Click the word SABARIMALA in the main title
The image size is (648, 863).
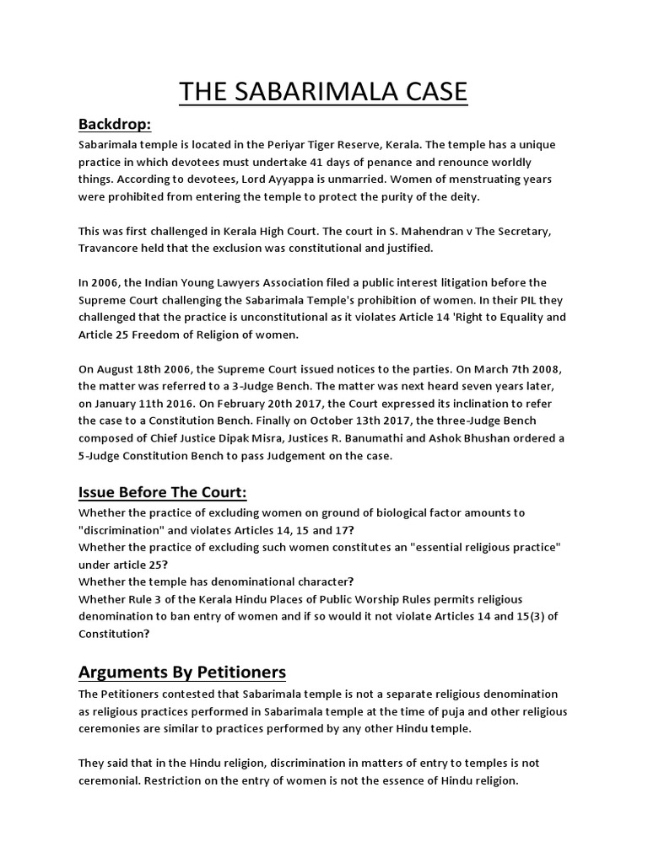tap(323, 90)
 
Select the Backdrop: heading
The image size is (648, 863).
tap(115, 125)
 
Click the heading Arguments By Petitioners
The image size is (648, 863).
tap(182, 672)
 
